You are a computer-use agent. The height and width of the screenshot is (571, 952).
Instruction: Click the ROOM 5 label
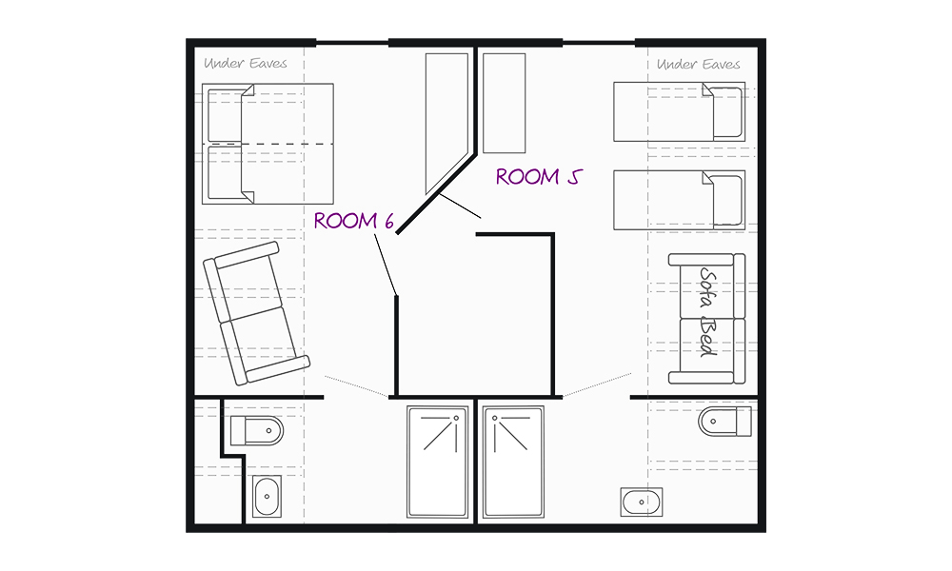pos(539,177)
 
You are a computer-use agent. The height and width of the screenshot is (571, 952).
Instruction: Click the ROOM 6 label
pos(354,221)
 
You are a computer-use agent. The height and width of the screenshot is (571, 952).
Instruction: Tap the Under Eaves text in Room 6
pos(246,63)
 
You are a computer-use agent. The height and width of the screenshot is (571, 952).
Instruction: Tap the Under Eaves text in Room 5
pos(698,65)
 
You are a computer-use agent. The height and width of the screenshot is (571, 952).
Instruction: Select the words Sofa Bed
pos(708,312)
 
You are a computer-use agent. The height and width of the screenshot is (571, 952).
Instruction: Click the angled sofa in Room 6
pos(256,313)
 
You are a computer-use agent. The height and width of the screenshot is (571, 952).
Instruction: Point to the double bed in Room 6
pos(268,144)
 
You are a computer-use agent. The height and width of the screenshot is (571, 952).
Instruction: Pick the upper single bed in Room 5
pos(679,111)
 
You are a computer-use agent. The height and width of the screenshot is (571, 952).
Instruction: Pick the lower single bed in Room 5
pos(679,200)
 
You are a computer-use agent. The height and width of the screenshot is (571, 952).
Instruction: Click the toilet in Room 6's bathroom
pos(257,431)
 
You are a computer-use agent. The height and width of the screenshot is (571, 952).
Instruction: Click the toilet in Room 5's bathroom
pos(724,422)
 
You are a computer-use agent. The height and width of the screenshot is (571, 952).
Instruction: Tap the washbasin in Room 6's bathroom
pos(268,497)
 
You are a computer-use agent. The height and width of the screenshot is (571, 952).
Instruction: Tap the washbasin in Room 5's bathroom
pos(642,502)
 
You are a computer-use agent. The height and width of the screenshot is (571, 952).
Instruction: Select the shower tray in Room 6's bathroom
pos(437,462)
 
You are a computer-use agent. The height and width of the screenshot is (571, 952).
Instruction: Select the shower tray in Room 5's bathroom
pos(513,462)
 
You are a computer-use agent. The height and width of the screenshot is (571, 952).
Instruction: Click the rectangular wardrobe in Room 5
pos(504,103)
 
